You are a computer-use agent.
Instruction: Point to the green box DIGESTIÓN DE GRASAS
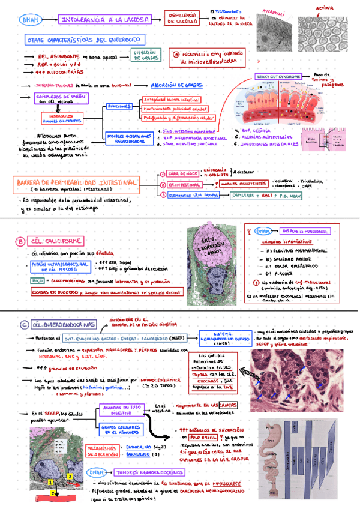coord(146,56)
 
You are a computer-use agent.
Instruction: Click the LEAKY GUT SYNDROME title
coord(280,77)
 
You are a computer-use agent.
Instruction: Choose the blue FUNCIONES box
coord(119,106)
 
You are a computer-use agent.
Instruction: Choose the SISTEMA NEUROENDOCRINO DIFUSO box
coord(223,339)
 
